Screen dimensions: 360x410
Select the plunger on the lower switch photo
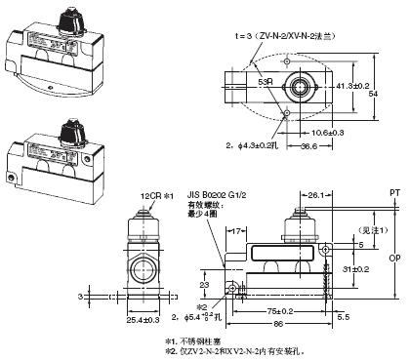[70, 129]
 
